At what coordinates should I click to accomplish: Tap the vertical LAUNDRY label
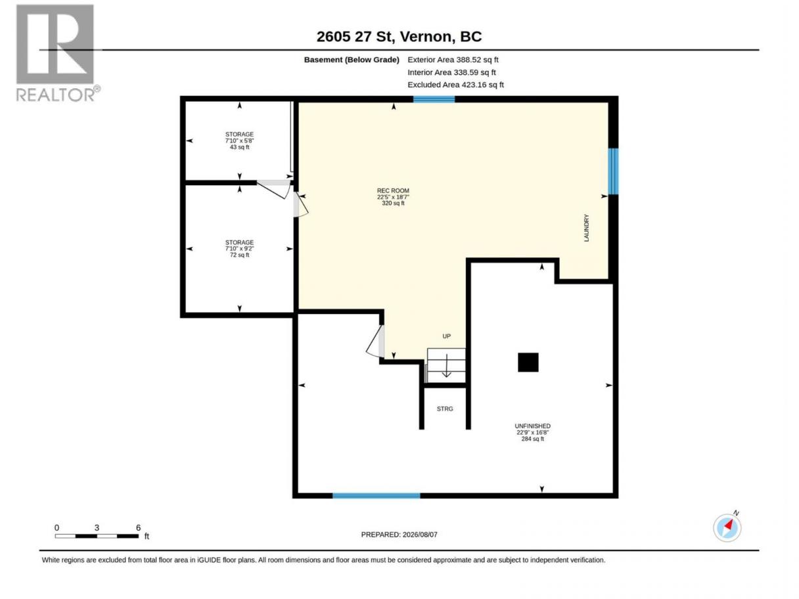click(586, 228)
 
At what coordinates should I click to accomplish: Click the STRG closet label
click(444, 409)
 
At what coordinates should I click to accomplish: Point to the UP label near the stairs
click(446, 336)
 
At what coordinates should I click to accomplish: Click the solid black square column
click(528, 363)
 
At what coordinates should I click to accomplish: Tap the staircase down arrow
click(446, 366)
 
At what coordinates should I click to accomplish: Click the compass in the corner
click(727, 527)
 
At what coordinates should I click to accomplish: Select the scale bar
click(97, 536)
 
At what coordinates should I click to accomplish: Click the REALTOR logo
click(57, 53)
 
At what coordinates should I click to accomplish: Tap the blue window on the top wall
click(434, 99)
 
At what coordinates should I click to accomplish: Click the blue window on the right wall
click(612, 171)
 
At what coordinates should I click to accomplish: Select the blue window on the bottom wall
click(376, 495)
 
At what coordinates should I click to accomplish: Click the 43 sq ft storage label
click(239, 141)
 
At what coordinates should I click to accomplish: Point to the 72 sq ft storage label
click(239, 248)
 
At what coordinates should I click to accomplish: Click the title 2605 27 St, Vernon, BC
click(399, 36)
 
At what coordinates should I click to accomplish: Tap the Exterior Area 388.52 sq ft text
click(453, 60)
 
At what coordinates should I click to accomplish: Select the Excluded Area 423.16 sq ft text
click(455, 85)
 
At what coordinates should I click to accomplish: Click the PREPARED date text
click(399, 534)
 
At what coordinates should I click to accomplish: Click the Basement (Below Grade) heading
click(352, 60)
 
